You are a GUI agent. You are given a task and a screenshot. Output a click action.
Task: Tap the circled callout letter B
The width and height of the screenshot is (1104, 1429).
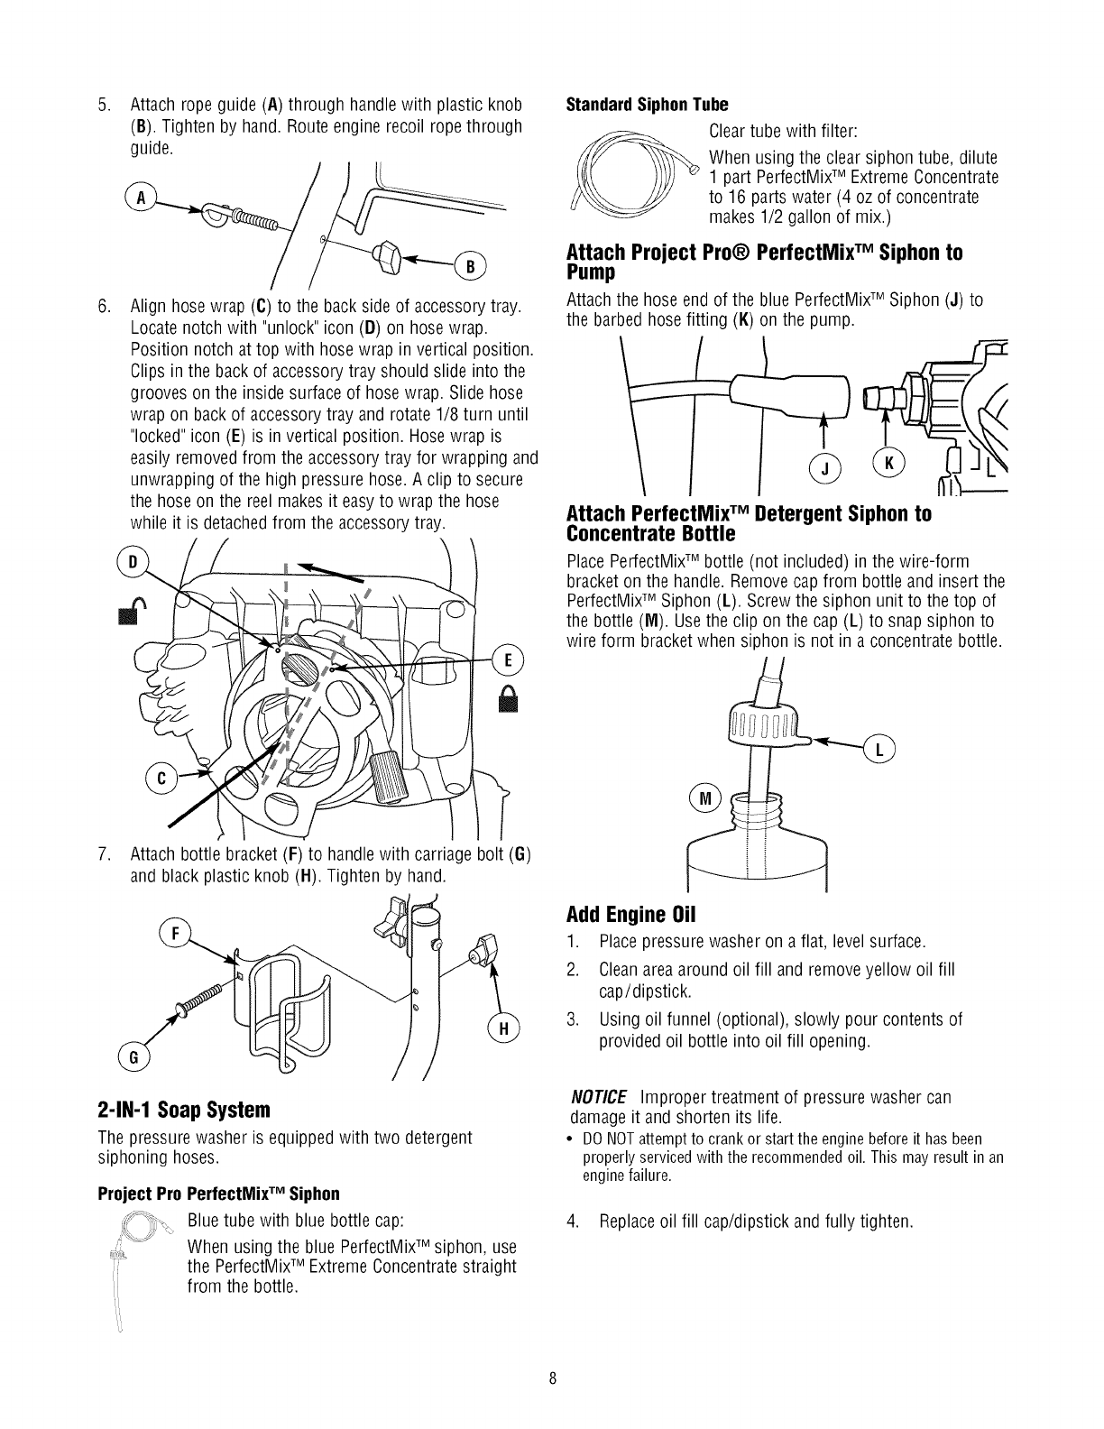pyautogui.click(x=471, y=265)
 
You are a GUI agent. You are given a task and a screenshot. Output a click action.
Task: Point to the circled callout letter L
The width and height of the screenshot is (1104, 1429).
pyautogui.click(x=879, y=750)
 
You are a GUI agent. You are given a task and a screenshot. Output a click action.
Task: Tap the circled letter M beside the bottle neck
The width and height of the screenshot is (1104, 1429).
pyautogui.click(x=703, y=798)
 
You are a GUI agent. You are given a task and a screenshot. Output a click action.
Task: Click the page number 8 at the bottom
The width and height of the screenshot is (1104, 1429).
pyautogui.click(x=552, y=1379)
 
